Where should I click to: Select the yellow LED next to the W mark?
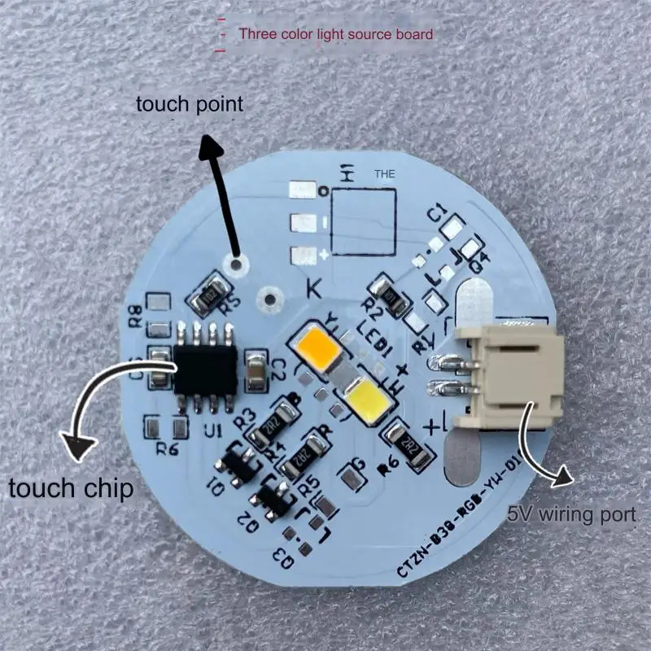365,399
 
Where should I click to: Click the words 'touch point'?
189,104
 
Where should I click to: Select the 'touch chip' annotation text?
72,488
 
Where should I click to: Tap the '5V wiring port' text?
571,514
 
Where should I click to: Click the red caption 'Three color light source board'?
334,35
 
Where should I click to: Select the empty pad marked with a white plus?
303,254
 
